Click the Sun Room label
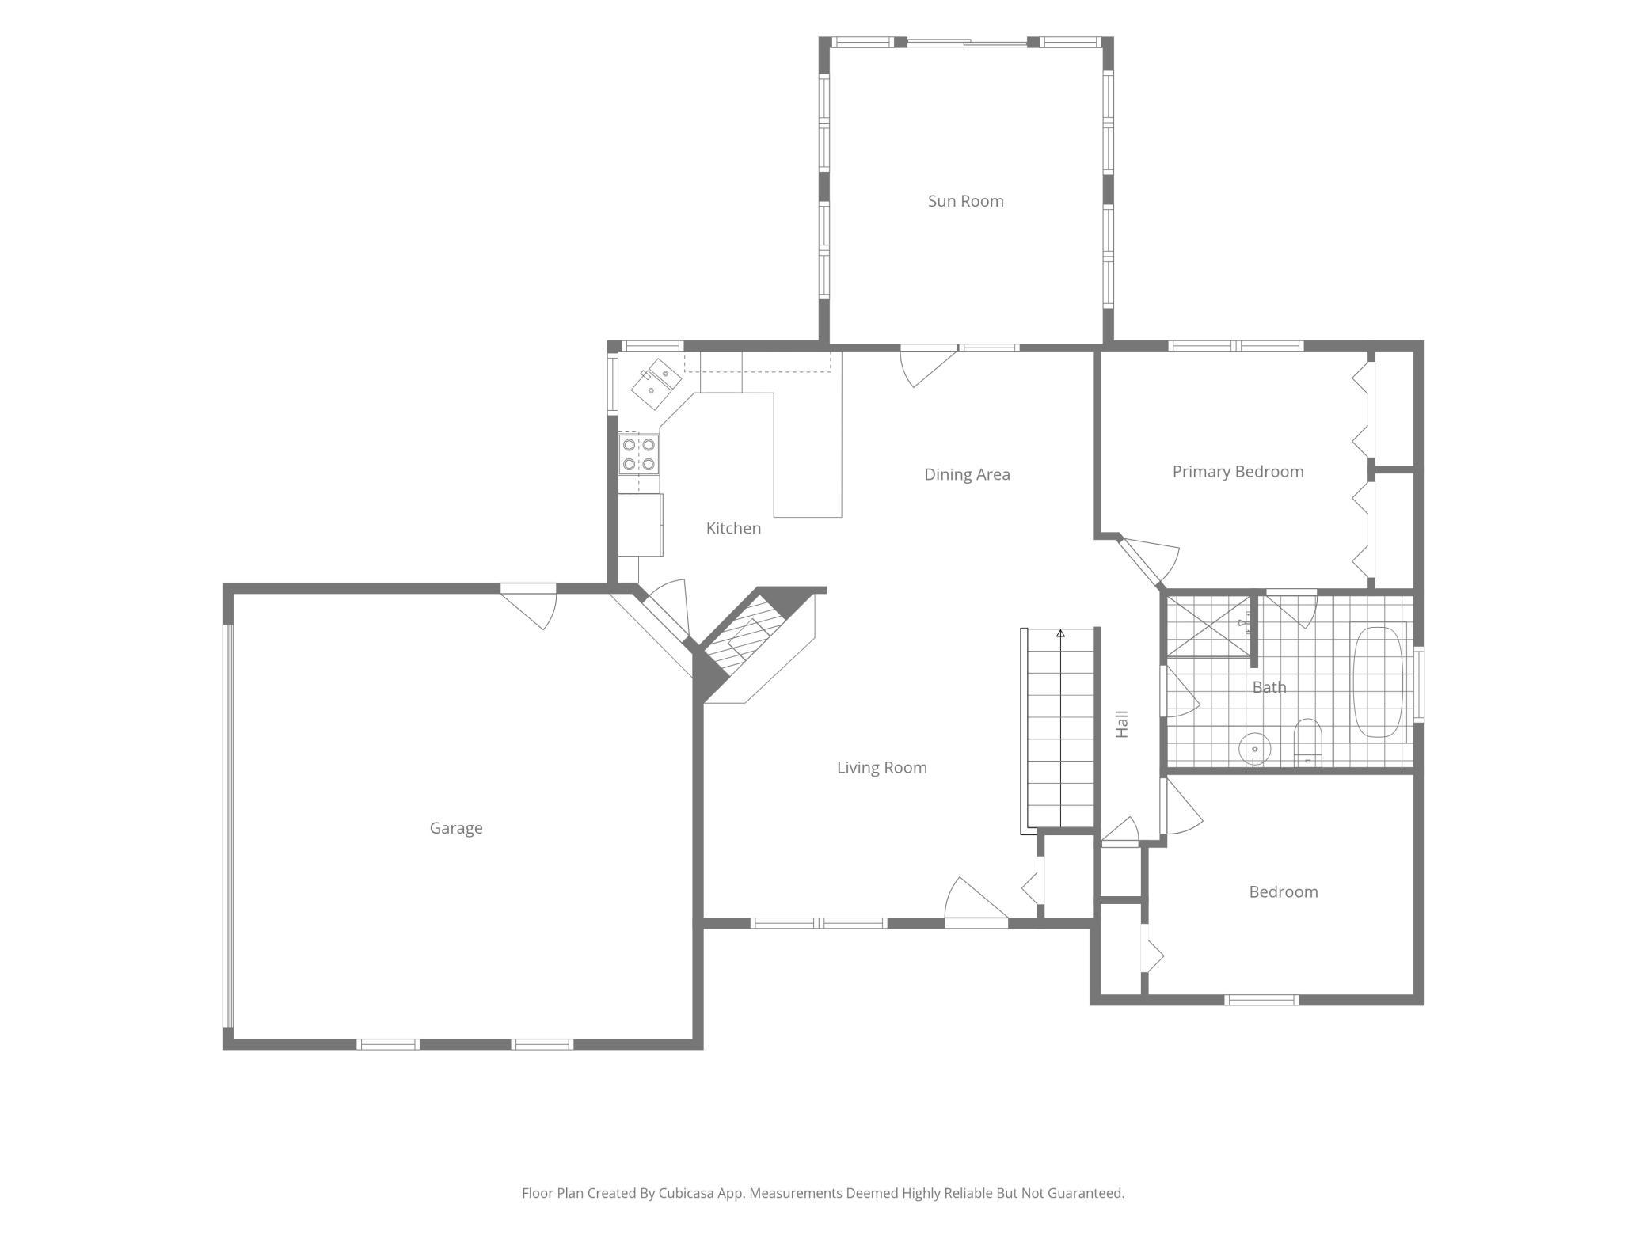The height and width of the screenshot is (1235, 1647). coord(965,201)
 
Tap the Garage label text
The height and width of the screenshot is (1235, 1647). coord(456,828)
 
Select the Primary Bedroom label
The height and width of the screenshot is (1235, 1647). coord(1238,472)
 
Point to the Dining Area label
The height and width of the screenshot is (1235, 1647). coord(967,474)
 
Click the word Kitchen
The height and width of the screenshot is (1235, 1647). coord(733,528)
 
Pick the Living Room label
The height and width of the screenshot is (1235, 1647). coord(881,767)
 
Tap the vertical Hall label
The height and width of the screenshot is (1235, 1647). coord(1121,724)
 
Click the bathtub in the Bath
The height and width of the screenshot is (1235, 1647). coord(1378,682)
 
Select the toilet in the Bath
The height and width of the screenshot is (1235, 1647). coord(1307,742)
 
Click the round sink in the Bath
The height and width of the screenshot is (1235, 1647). coord(1255,748)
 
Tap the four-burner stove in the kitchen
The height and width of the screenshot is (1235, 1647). coord(638,454)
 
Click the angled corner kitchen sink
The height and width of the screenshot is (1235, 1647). coord(656,384)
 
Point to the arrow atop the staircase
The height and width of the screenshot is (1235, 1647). coord(1060,634)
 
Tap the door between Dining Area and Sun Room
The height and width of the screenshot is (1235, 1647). coord(929,366)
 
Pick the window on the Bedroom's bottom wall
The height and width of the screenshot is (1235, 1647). coord(1261,1000)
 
